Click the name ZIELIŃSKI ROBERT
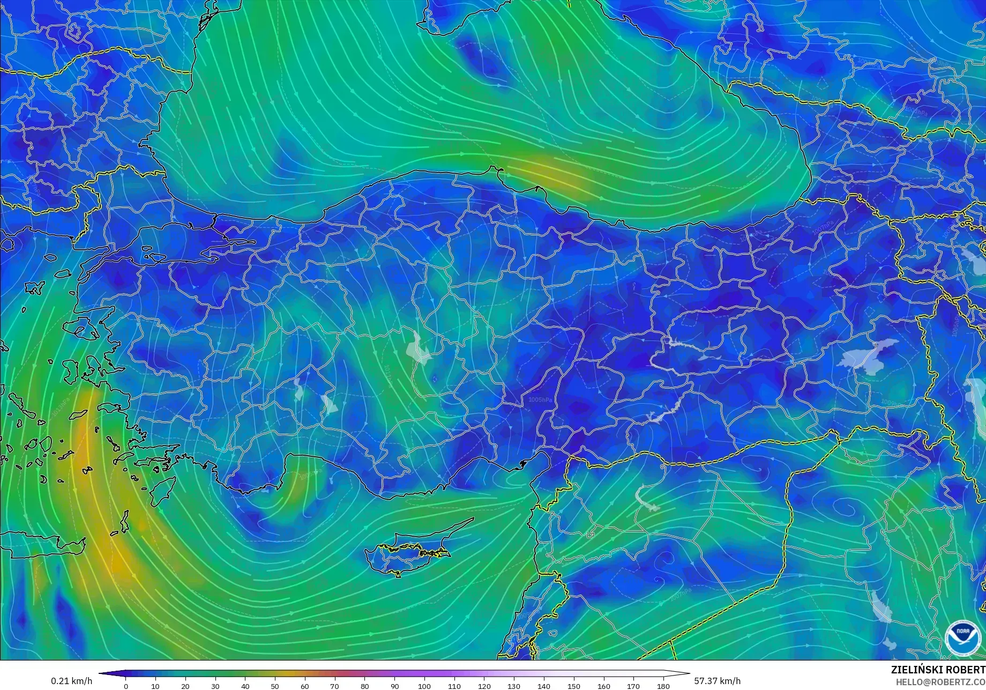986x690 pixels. point(938,670)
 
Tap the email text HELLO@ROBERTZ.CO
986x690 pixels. point(940,681)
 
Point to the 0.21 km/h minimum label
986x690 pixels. point(72,681)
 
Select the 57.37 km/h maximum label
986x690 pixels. point(718,681)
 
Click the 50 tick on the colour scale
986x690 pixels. point(275,686)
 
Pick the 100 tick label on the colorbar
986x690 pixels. point(424,686)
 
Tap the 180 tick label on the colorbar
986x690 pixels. point(663,686)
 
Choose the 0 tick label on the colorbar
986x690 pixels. point(126,686)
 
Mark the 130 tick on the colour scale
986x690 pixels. point(514,686)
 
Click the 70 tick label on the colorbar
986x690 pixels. point(334,686)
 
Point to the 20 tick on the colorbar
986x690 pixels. point(185,686)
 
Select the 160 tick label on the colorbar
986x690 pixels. point(603,686)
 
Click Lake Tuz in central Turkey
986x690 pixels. point(418,349)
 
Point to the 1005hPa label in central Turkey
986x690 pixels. point(540,400)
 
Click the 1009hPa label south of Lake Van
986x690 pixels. point(892,403)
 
